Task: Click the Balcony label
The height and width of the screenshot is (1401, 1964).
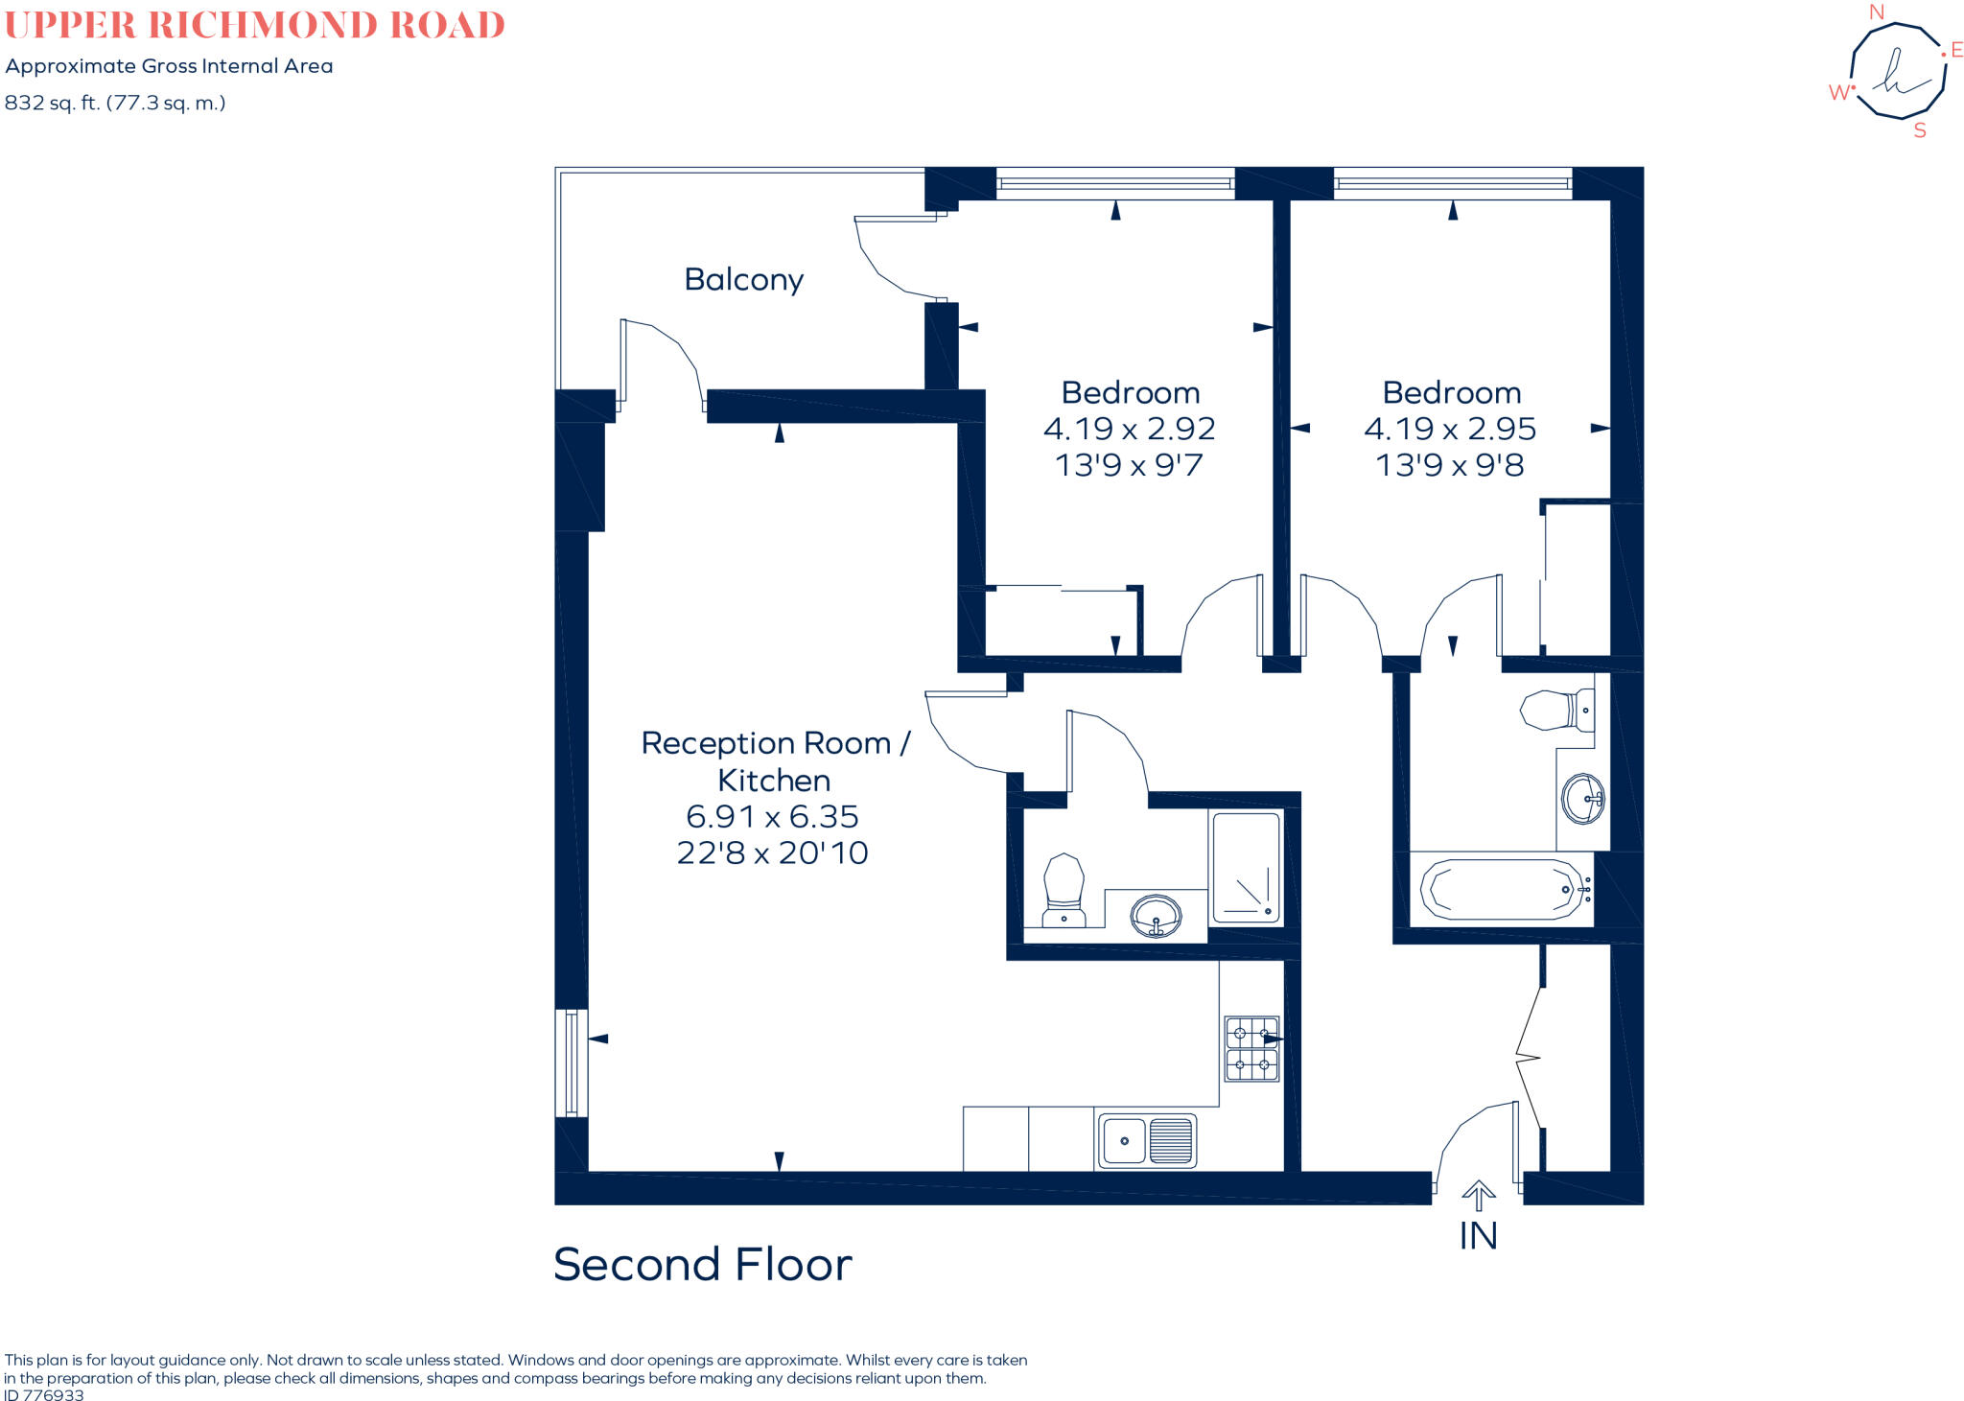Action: pos(743,279)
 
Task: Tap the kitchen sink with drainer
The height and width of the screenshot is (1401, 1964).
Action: pos(1147,1140)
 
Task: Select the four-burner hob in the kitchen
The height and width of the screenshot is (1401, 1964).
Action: pos(1251,1049)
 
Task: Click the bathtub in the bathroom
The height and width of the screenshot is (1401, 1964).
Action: pos(1501,889)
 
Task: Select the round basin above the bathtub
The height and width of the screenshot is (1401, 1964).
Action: pos(1582,798)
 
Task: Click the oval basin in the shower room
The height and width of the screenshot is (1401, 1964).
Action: pos(1156,915)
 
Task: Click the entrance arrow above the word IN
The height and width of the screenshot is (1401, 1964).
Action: pos(1478,1195)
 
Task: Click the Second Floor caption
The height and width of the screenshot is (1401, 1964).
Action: pos(702,1264)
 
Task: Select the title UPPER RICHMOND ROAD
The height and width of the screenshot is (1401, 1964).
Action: pos(254,25)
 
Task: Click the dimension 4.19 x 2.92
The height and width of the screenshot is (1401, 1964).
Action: pos(1129,429)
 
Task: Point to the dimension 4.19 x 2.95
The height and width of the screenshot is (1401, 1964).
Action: pos(1449,429)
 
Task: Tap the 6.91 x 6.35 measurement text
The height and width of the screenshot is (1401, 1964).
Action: pos(772,816)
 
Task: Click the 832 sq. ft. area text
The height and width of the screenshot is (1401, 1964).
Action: pos(115,103)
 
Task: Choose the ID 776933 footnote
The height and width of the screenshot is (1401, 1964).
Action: pos(44,1394)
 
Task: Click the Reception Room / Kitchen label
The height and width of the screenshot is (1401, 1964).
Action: pos(774,760)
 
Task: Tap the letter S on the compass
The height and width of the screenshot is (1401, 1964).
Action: pos(1919,130)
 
